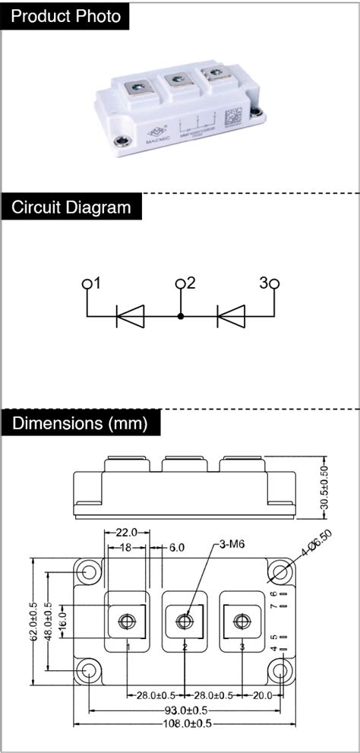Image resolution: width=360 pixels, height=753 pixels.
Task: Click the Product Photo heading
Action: coord(66,17)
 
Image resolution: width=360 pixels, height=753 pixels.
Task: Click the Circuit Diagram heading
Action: coord(71,207)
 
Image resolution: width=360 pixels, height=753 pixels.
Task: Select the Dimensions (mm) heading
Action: coord(80,422)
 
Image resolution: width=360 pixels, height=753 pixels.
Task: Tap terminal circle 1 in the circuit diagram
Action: coord(87,284)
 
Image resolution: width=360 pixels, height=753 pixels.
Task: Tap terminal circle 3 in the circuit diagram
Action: coord(274,284)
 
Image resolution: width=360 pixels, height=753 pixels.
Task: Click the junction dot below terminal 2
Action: coord(181,315)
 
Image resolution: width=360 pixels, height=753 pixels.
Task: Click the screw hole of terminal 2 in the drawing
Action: coord(184,622)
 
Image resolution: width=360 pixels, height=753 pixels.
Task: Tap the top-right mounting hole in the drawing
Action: coord(282,573)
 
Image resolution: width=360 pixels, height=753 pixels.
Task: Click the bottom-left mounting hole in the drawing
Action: coord(89,670)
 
